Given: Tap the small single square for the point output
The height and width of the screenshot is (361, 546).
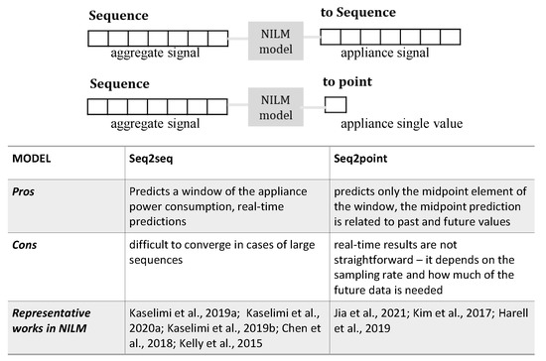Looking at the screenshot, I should pyautogui.click(x=335, y=103).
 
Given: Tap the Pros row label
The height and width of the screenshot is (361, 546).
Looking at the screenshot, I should pyautogui.click(x=25, y=189).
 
